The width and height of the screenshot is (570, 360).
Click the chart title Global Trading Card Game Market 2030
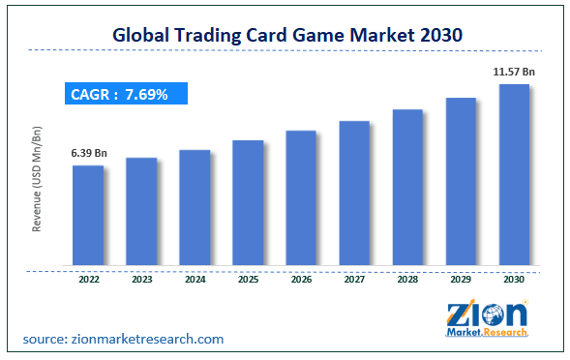pos(285,34)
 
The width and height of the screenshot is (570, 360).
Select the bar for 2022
pos(88,214)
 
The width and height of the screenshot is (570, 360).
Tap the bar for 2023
pos(141,210)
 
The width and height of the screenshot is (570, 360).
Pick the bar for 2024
pos(195,206)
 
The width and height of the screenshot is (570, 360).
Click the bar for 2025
pos(248,201)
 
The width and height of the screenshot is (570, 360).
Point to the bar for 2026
pos(301,196)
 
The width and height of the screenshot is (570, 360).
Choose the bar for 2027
pos(354,192)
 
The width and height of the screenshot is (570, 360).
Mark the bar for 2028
pos(407,186)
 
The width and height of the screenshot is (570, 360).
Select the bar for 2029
pos(461,180)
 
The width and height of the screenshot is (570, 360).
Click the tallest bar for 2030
pos(514,173)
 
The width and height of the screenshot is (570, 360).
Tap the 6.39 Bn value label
pos(87,153)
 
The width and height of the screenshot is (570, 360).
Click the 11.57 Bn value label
pos(513,72)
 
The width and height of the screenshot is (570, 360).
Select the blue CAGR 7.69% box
pos(127,94)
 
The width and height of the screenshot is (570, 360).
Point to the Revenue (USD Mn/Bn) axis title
pos(38,179)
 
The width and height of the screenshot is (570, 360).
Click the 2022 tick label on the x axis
pos(88,281)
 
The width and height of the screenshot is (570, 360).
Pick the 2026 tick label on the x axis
pos(301,281)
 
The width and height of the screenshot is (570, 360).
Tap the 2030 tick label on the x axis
pos(514,281)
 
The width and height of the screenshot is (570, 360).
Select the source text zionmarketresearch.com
pos(124,339)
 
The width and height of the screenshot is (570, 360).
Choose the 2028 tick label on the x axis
pos(407,281)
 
